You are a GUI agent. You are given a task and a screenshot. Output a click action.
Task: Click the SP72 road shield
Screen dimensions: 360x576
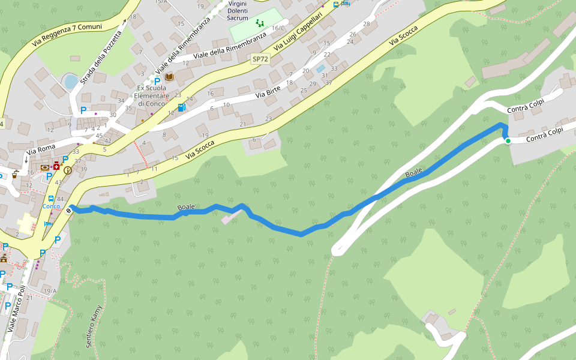point(260,59)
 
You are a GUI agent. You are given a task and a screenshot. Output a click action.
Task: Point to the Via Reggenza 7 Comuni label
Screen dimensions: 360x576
point(67,35)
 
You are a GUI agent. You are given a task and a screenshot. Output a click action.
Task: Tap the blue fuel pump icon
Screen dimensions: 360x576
point(182,107)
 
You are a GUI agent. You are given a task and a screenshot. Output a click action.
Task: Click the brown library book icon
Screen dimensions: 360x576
point(169,77)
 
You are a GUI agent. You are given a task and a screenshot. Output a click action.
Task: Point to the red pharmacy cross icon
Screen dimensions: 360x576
point(56,165)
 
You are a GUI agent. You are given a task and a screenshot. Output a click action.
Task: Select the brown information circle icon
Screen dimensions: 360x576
point(67,170)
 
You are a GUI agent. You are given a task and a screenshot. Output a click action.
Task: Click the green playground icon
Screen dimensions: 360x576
point(260,23)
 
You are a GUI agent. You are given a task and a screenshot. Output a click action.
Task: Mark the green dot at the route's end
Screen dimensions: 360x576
point(508,141)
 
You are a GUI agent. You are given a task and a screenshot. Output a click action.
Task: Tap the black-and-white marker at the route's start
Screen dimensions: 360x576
point(71,209)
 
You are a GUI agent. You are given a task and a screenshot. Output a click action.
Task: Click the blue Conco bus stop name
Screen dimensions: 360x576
point(51,206)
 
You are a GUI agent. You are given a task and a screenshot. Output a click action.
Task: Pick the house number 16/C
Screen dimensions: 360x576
point(278,28)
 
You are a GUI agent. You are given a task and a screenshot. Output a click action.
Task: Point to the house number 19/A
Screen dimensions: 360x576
point(49,291)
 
